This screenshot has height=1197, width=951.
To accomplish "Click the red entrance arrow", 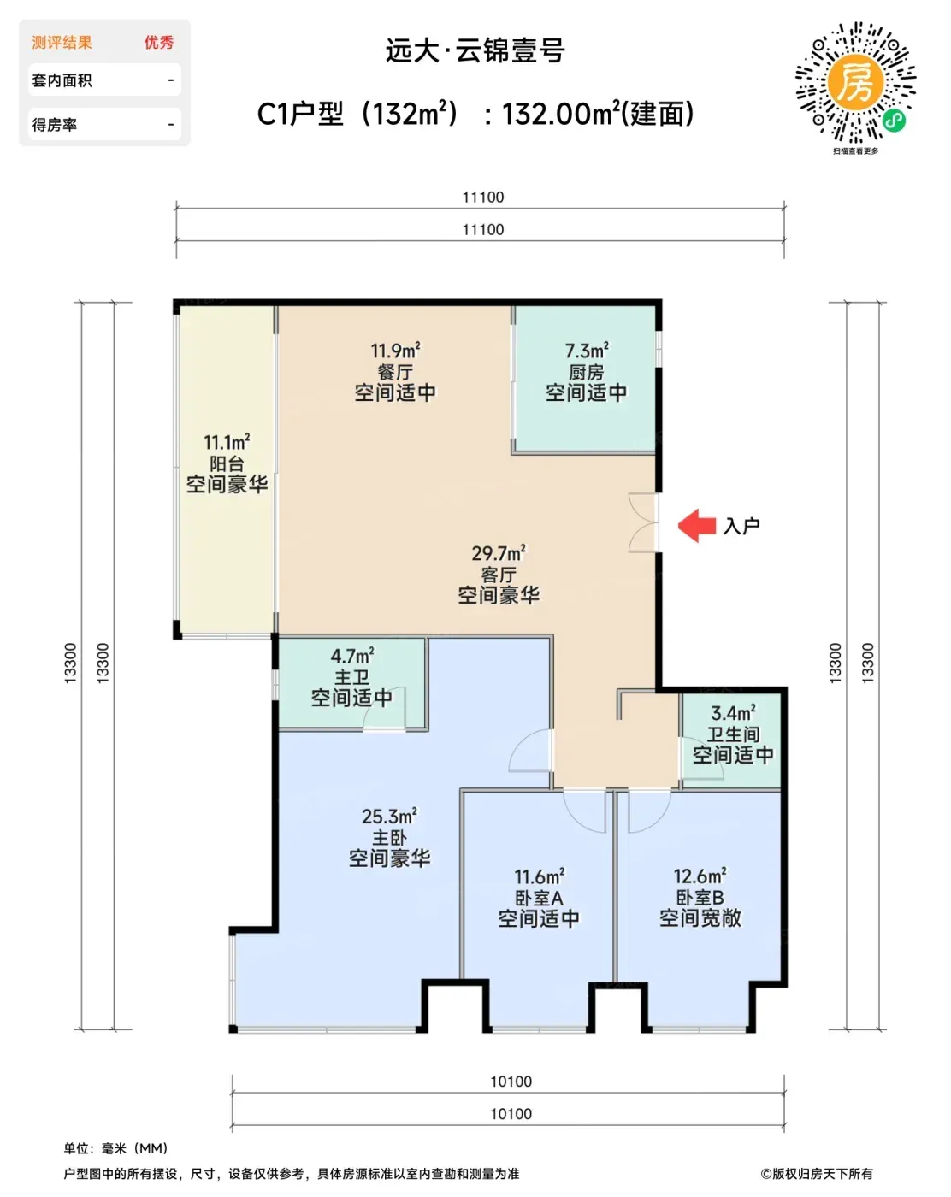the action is (696, 525).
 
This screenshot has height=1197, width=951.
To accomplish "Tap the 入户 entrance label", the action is (741, 526).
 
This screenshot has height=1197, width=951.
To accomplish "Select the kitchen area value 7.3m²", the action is (587, 351).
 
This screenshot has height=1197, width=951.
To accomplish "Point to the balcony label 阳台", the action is (227, 463).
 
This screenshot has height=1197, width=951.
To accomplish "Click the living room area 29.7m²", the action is (499, 553).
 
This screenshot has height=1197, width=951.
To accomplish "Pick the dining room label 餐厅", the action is (395, 372).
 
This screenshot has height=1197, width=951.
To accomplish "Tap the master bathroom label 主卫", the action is (351, 677).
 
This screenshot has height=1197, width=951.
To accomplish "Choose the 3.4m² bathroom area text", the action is (733, 712).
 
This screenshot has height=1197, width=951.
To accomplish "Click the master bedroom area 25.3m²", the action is (389, 816).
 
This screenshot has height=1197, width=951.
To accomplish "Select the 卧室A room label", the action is (539, 898).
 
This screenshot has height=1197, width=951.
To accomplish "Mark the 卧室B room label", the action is (700, 897).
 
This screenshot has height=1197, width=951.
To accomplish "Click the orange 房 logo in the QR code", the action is (855, 82).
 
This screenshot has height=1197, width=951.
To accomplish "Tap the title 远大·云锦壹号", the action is (475, 50).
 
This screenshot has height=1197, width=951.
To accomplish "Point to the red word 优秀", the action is (158, 42).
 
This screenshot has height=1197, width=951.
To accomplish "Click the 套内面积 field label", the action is (62, 80).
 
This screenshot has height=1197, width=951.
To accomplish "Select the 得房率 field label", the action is (55, 125).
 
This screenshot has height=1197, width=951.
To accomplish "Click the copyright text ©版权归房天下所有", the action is (817, 1174).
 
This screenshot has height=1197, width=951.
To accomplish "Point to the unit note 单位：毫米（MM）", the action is (115, 1148).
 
